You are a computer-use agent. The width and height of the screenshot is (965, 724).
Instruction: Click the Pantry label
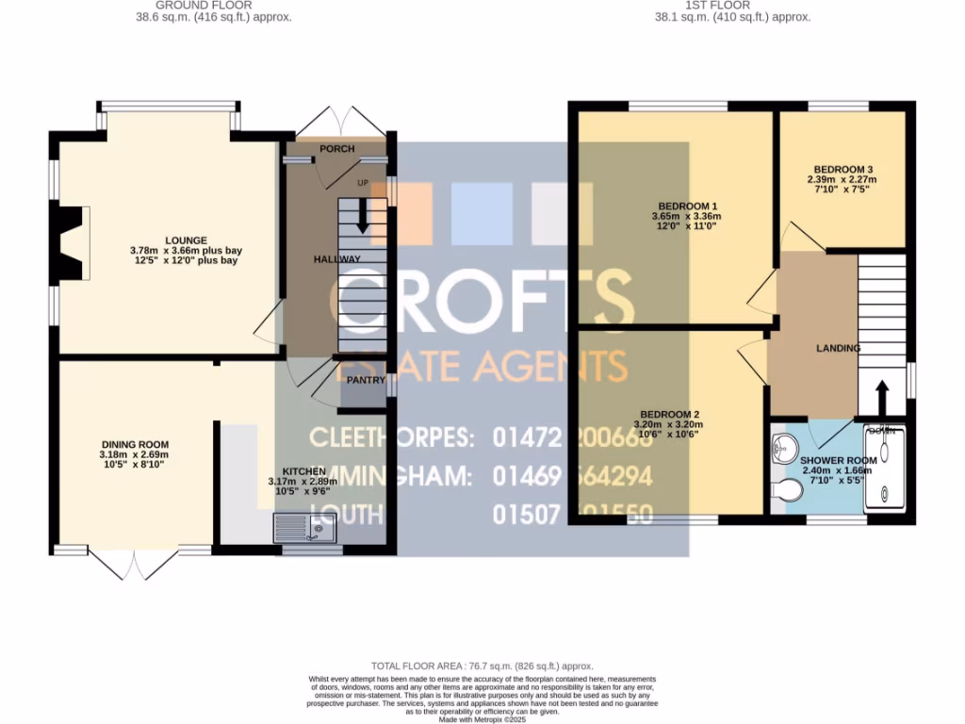pos(365,380)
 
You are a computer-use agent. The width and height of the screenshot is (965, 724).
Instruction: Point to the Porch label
pos(336,149)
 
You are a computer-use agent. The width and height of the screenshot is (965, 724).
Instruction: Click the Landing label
pos(838,348)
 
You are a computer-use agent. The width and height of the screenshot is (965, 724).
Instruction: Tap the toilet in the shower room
pos(785,492)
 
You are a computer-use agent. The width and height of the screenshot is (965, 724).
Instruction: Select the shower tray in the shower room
pos(886,471)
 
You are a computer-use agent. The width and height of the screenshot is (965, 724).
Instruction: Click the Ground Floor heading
pos(204,6)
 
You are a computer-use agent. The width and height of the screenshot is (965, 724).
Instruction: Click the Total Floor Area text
pos(482,666)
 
